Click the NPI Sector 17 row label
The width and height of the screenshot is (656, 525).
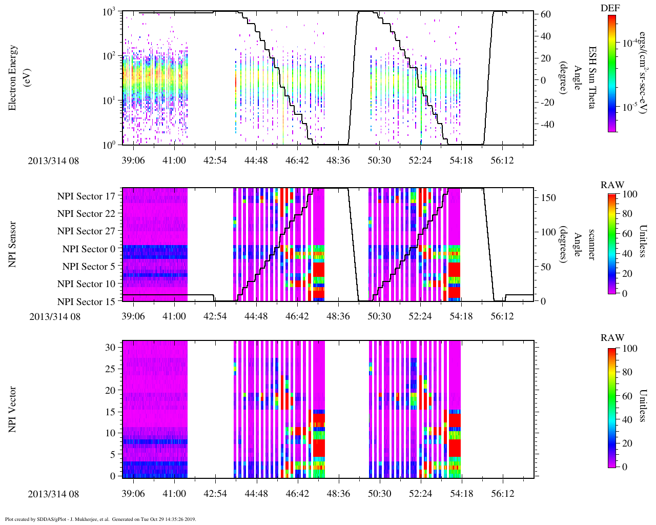[x=86, y=196]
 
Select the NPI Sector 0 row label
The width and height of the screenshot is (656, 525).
[x=89, y=249]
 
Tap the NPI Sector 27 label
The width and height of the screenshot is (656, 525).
[x=86, y=231]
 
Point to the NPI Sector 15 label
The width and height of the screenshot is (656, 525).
[x=86, y=302]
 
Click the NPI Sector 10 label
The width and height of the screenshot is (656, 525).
[x=86, y=284]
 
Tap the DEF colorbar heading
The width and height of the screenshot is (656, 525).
[x=610, y=8]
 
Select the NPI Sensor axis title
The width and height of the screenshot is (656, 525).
[x=13, y=244]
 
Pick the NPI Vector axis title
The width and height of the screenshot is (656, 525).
[x=13, y=410]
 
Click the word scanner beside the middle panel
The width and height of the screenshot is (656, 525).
[x=591, y=244]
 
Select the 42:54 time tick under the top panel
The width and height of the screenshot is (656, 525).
[x=215, y=160]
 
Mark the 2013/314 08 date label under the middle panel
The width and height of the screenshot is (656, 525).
[x=55, y=316]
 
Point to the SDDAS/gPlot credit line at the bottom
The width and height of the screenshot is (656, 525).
[x=100, y=519]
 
